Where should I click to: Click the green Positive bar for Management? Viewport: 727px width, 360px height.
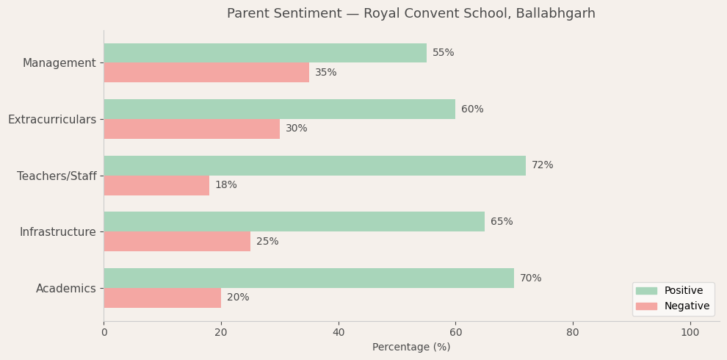tap(264, 53)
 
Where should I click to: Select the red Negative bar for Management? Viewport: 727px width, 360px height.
tap(206, 73)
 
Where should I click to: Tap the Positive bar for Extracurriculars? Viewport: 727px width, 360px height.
tap(279, 109)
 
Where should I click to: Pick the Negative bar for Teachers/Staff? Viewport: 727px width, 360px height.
tap(156, 185)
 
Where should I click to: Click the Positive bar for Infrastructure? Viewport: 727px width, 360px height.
tap(294, 222)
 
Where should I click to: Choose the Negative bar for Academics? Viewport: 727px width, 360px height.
tap(162, 298)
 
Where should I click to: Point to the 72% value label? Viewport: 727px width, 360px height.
tap(542, 165)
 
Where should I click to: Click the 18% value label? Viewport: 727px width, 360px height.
tap(226, 185)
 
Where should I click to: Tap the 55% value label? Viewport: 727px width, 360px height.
tap(443, 53)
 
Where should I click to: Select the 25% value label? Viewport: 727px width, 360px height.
tap(267, 242)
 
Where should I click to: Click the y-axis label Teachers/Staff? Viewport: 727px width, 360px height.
tap(57, 176)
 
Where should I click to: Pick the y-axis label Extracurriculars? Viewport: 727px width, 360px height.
tap(52, 120)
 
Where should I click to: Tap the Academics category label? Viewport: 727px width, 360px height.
tap(66, 289)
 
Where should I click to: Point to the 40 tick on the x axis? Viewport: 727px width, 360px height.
tap(338, 333)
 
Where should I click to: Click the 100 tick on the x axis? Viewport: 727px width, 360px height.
tap(690, 333)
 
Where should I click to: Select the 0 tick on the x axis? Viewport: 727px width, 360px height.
tap(104, 333)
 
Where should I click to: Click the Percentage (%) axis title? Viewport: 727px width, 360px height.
tap(411, 348)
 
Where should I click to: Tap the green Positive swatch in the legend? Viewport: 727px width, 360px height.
tap(646, 291)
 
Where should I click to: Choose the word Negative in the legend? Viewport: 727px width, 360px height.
tap(687, 306)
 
